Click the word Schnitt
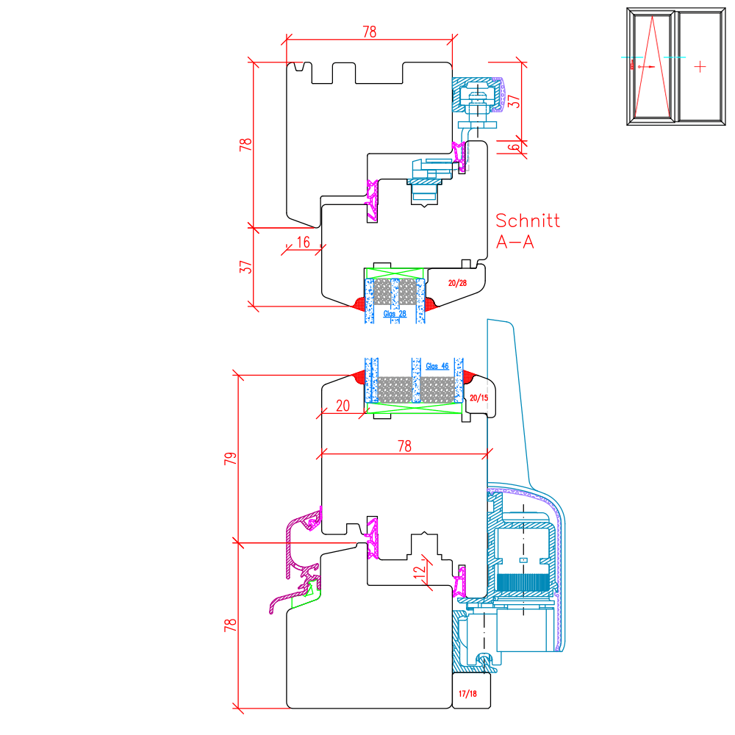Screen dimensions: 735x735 click(x=528, y=220)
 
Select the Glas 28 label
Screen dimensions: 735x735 click(x=395, y=314)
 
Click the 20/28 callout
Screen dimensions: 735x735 click(x=457, y=282)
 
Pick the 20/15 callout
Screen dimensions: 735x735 click(x=478, y=398)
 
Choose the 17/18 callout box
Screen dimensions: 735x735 click(x=467, y=694)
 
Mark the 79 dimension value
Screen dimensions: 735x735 click(x=231, y=459)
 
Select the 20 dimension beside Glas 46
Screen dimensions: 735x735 click(x=343, y=405)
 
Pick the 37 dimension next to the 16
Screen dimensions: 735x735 click(x=248, y=267)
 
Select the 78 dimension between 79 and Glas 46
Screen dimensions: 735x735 click(x=404, y=445)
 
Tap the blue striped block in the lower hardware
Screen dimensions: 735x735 click(x=523, y=581)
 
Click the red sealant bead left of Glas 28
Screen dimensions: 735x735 click(x=359, y=304)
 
